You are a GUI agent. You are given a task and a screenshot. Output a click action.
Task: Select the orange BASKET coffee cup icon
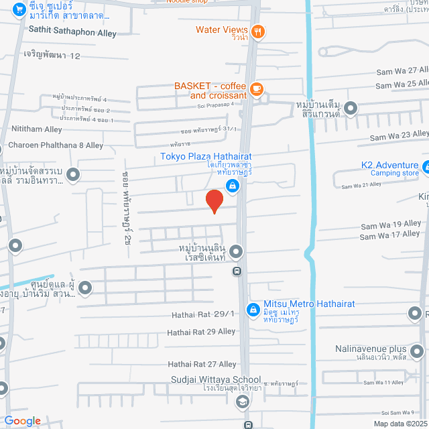(256, 88)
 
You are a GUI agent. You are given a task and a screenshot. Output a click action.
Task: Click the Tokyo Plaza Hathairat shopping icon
(232, 186)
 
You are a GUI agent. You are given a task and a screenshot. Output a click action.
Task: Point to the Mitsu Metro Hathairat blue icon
(253, 309)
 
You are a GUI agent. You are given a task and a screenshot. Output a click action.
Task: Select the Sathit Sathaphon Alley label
(72, 33)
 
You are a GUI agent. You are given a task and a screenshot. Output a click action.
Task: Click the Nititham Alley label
(36, 129)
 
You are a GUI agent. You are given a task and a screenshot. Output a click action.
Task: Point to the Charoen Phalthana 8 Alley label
(56, 145)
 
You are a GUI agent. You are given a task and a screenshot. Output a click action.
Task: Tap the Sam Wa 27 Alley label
(402, 70)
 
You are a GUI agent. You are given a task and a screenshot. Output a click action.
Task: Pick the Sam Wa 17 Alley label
(390, 235)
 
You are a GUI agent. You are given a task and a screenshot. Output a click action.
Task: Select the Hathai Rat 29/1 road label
(200, 314)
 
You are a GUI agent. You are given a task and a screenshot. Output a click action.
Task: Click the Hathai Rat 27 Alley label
(202, 364)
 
